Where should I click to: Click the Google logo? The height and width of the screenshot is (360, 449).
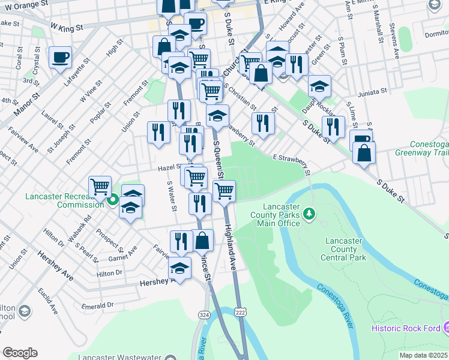[x=20, y=353]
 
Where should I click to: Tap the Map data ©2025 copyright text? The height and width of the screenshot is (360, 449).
[x=424, y=355]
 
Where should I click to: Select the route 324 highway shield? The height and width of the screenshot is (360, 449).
[x=204, y=314]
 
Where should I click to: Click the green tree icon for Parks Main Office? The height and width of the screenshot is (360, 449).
[x=309, y=213]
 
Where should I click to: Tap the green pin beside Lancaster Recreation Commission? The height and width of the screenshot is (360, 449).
[x=113, y=200]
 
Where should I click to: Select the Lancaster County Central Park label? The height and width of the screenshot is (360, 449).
[x=345, y=249]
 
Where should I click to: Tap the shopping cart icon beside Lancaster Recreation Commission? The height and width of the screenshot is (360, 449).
[x=100, y=186]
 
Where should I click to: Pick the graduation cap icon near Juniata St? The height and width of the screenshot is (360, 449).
[x=320, y=85]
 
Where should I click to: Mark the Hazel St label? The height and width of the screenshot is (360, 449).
[x=170, y=169]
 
